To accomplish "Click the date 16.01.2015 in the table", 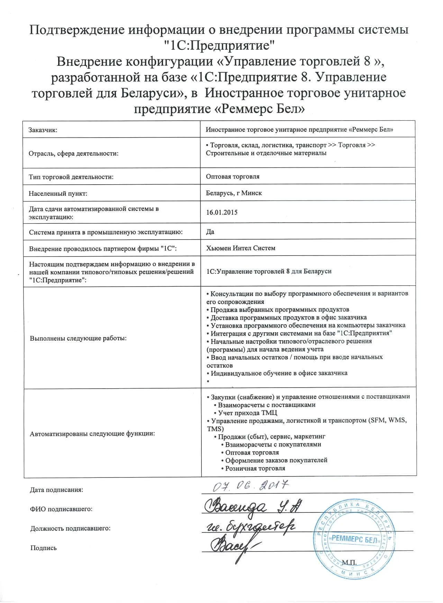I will pos(221,212).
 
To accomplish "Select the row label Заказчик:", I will pos(43,130).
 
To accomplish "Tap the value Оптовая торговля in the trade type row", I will pos(233,176).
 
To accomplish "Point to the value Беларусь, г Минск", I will pos(234,193).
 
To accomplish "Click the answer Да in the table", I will pos(210,232).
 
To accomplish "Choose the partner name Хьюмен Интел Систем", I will pos(241,248).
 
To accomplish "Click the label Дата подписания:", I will pos(57,490).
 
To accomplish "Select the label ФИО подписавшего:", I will pos(61,509).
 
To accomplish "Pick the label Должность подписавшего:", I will pos(70,528).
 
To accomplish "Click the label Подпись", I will pos(43,548).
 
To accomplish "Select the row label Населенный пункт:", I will pos(58,193).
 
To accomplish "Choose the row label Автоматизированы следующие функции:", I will pos(92,434).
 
